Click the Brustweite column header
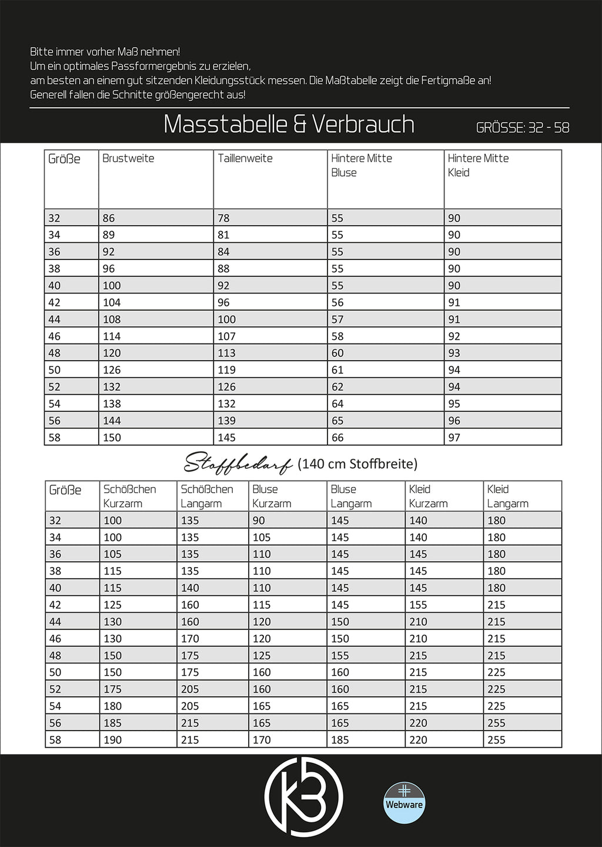click(x=128, y=158)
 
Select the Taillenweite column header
click(x=245, y=158)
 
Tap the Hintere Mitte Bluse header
click(x=361, y=165)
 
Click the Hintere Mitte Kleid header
click(x=478, y=165)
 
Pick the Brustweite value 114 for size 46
click(x=112, y=336)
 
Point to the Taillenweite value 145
click(x=226, y=438)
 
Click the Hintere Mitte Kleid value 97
click(x=454, y=438)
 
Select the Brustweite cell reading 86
click(x=109, y=218)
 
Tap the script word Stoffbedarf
click(x=238, y=464)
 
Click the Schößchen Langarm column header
click(x=207, y=496)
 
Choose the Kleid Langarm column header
click(x=507, y=496)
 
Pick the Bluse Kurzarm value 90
click(x=259, y=521)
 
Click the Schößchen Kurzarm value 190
click(x=112, y=740)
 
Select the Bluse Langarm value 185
click(x=340, y=740)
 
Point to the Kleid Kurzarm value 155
click(x=418, y=605)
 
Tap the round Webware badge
click(x=404, y=803)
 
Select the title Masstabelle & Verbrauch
click(x=289, y=124)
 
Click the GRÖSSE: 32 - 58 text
click(x=523, y=128)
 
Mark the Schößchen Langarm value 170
click(x=190, y=639)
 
